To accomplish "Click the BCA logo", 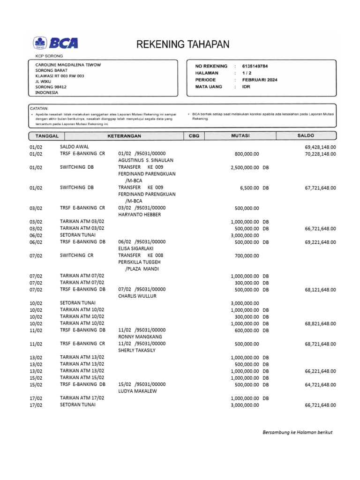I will [55, 44].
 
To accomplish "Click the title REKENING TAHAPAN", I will [183, 45].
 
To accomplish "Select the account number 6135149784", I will [255, 67].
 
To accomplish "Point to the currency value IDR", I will [246, 87].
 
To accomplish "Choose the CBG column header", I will [194, 136].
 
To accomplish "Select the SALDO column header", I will [306, 136].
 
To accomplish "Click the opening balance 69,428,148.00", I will [320, 147].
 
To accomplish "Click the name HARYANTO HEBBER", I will [139, 215].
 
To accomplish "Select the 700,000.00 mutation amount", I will [247, 256].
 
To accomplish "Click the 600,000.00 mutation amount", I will [247, 330].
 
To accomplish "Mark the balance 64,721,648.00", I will [320, 384].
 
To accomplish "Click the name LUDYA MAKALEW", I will [137, 391].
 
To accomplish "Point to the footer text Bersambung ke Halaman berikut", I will [297, 432].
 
